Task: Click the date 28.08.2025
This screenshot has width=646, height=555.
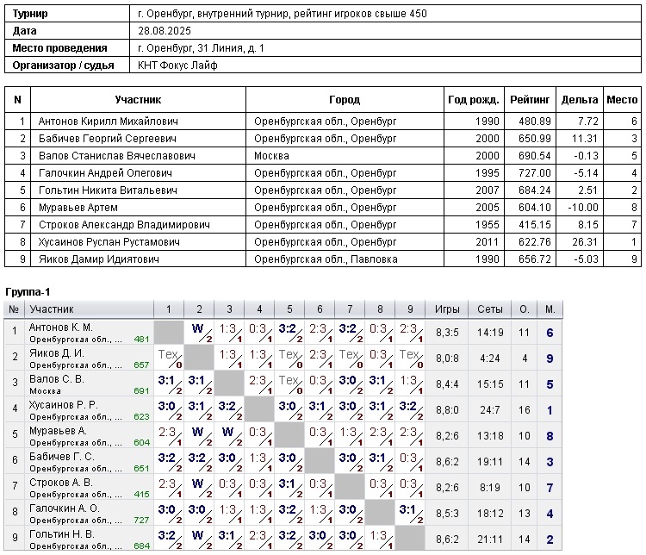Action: click(x=165, y=31)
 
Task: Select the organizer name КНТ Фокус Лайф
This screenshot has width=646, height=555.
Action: click(x=177, y=65)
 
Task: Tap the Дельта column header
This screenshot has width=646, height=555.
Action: click(x=579, y=100)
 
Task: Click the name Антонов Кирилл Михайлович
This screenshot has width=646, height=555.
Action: click(x=109, y=122)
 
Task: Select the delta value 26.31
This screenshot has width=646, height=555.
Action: click(x=585, y=242)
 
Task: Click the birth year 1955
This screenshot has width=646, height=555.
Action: click(x=487, y=225)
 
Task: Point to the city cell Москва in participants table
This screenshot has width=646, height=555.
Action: click(x=271, y=156)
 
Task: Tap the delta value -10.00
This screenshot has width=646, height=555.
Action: click(x=581, y=208)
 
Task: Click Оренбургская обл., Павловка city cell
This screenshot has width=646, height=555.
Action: click(x=325, y=259)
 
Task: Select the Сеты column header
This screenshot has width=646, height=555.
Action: click(x=490, y=309)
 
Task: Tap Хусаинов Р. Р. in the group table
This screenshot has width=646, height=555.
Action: click(x=64, y=405)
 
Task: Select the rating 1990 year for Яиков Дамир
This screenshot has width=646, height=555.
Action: click(x=487, y=259)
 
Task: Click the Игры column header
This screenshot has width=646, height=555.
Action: click(x=447, y=309)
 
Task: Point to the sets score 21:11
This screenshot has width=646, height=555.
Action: click(x=490, y=539)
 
